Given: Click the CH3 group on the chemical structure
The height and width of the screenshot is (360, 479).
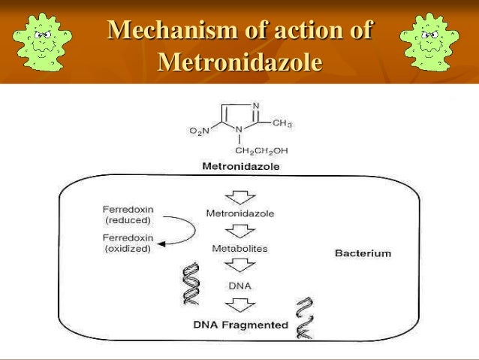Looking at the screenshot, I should [282, 123].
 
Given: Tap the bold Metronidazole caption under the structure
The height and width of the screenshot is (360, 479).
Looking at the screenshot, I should [239, 166].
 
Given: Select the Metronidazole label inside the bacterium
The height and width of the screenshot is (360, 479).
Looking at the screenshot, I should [240, 213].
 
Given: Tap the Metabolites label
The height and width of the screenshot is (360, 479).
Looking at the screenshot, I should [240, 247].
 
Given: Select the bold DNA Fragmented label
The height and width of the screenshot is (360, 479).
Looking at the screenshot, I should [240, 325].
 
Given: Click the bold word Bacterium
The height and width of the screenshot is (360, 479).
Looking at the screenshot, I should [363, 253].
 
